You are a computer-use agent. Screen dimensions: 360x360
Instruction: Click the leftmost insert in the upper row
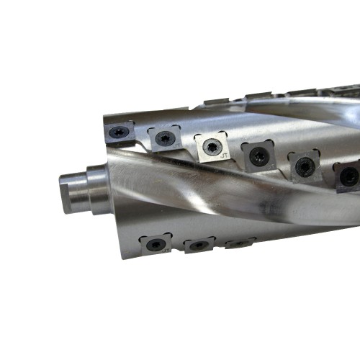(119, 132)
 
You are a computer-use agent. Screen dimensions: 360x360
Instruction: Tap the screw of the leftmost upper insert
(119, 132)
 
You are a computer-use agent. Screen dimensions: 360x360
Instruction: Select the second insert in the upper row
(165, 138)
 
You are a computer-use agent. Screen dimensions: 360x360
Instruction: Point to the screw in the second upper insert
(166, 138)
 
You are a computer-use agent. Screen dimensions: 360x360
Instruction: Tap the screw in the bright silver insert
(210, 146)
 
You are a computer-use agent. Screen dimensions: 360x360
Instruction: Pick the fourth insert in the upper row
(256, 154)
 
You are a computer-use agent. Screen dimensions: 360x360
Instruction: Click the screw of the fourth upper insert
(257, 154)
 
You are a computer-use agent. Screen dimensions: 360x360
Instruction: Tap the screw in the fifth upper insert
(304, 166)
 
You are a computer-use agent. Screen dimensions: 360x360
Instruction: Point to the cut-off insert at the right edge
(348, 176)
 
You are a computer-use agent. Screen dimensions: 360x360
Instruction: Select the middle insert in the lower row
(198, 245)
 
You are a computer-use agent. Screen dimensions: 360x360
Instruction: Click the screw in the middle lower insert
(198, 245)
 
